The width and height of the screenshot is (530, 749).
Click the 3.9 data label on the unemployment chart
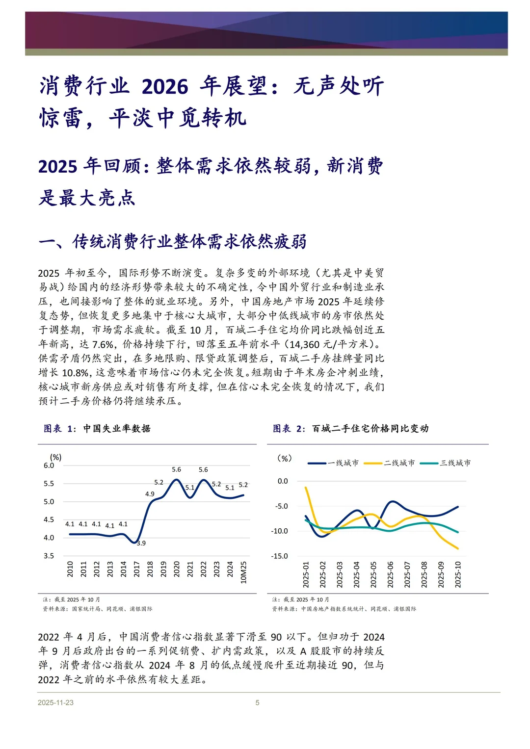[x=141, y=543]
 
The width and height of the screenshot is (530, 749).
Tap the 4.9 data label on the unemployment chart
[x=150, y=494]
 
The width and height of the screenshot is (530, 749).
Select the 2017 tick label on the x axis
[x=137, y=569]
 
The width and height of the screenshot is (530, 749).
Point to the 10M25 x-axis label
[x=243, y=572]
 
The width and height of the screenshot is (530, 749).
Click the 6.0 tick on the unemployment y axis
[x=49, y=465]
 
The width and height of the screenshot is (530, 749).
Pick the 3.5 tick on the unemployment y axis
[x=49, y=556]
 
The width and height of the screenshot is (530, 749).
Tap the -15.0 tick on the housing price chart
[x=279, y=556]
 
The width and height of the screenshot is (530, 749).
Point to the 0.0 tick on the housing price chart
[x=283, y=481]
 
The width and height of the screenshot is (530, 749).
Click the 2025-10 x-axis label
[x=458, y=574]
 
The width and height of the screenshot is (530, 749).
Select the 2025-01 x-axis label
[x=306, y=574]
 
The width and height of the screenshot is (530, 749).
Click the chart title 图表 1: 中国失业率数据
[x=97, y=429]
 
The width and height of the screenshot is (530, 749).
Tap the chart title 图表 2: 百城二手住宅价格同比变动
[x=350, y=429]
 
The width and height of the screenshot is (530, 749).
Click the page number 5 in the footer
[x=257, y=702]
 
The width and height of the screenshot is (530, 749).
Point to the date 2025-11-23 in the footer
[x=55, y=702]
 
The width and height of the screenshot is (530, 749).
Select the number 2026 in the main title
[x=165, y=87]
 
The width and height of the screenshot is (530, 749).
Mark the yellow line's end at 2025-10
[x=458, y=548]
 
